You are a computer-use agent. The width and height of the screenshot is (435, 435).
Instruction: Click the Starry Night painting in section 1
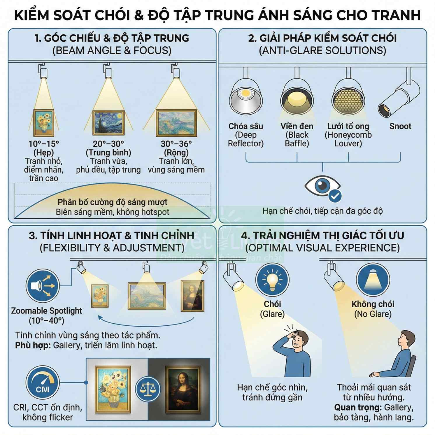pyautogui.click(x=108, y=123)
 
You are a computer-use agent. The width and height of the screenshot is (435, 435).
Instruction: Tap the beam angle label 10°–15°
pyautogui.click(x=44, y=144)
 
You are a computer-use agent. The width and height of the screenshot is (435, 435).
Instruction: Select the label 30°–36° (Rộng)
pyautogui.click(x=176, y=148)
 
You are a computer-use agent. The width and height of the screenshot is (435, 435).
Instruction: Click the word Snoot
pyautogui.click(x=400, y=126)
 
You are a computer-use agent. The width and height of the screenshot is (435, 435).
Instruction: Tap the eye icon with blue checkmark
pyautogui.click(x=323, y=187)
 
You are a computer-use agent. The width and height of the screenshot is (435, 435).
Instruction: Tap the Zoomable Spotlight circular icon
pyautogui.click(x=43, y=286)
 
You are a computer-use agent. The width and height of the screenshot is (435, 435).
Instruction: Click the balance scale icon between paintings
pyautogui.click(x=148, y=389)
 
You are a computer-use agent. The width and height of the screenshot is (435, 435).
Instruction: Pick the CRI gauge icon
pyautogui.click(x=43, y=383)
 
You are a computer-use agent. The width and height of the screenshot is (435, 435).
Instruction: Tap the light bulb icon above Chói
pyautogui.click(x=272, y=280)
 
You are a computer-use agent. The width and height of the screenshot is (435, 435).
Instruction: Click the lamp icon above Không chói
pyautogui.click(x=373, y=280)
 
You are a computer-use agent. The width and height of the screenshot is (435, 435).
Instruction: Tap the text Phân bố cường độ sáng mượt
pyautogui.click(x=112, y=202)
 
